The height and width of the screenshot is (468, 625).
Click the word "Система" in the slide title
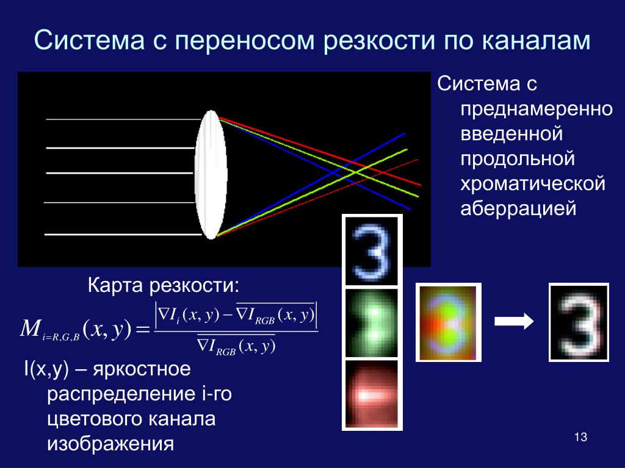click(89, 40)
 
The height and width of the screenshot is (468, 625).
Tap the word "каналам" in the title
click(536, 41)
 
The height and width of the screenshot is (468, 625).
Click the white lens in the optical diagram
click(211, 175)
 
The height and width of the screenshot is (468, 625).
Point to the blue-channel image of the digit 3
click(372, 250)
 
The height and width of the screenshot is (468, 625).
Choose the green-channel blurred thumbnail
click(372, 323)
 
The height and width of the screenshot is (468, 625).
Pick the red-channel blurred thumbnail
click(372, 394)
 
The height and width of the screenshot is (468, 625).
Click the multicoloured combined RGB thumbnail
click(449, 322)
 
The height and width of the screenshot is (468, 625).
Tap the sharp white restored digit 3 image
click(579, 322)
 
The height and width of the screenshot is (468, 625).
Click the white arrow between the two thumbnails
click(514, 321)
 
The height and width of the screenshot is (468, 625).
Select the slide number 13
click(581, 437)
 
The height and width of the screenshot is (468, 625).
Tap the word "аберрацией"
click(518, 209)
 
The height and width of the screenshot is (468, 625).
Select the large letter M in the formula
click(31, 328)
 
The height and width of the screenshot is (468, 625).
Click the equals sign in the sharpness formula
click(143, 330)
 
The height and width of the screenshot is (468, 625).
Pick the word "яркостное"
click(142, 370)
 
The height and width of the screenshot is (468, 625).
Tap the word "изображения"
click(110, 444)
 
